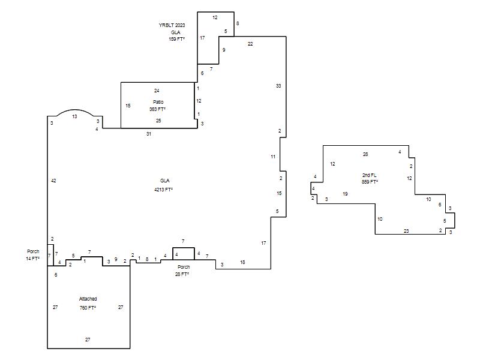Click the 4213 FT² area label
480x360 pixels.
tap(163, 190)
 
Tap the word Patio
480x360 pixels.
tap(158, 102)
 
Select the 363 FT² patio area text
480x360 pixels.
tap(157, 109)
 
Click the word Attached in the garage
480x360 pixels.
tap(88, 299)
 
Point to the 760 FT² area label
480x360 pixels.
tap(88, 308)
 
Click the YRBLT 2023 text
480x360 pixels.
tap(172, 25)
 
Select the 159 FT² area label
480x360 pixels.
tap(176, 39)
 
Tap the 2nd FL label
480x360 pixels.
tap(369, 175)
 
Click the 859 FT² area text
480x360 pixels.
tap(370, 182)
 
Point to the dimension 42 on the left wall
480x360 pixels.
tap(53, 181)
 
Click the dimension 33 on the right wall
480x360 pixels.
tap(278, 86)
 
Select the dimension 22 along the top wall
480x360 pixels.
tap(250, 44)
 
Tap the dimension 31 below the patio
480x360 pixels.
tap(149, 134)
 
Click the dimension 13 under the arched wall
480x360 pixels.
tap(74, 116)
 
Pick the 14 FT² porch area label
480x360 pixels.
tap(32, 259)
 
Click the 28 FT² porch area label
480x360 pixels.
tap(182, 274)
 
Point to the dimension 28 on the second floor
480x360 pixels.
tap(365, 154)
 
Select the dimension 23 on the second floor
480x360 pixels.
tap(406, 231)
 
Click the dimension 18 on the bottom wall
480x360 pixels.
tap(242, 262)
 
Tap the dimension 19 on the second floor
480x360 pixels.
tap(345, 194)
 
